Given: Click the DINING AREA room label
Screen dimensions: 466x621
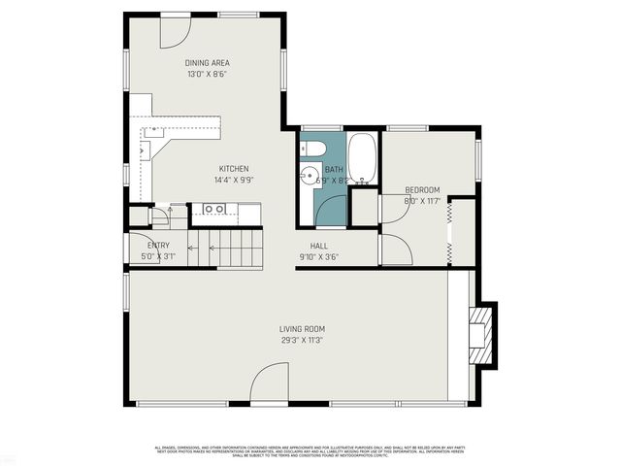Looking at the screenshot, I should coord(207,63).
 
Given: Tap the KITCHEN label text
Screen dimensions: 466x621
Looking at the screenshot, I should coord(233,169).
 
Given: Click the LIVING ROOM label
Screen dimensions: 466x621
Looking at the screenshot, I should coord(301,329).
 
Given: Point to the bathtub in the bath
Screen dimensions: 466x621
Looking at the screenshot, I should coord(362,158).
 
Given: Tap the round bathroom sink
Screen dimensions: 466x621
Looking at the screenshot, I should coord(310,177).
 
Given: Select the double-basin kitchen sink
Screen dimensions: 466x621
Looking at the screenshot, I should coord(214,209).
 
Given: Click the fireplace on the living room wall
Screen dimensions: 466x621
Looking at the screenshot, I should coord(481,333).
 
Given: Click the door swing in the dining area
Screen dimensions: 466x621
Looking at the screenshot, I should coord(175,32).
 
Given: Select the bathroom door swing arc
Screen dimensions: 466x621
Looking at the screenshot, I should coord(331,210).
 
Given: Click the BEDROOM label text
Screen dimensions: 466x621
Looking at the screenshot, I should coord(422,189).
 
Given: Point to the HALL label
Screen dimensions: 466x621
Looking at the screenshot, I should coord(319,247).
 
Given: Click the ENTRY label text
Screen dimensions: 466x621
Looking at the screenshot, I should coord(158,246).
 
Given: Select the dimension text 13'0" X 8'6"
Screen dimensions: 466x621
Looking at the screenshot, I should coord(207,74).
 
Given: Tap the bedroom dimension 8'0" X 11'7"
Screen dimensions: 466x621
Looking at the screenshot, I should coord(422,201).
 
